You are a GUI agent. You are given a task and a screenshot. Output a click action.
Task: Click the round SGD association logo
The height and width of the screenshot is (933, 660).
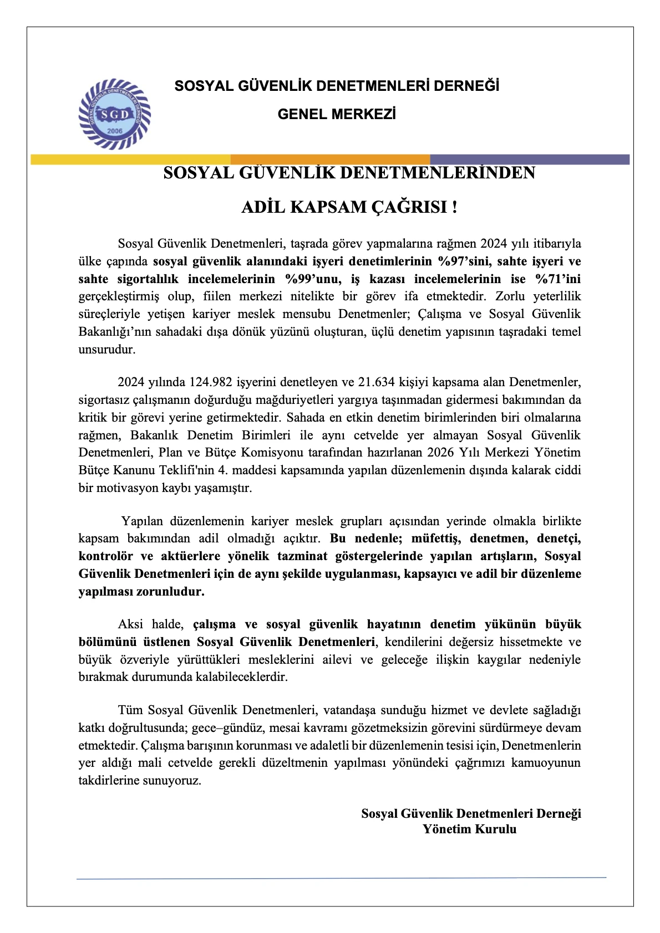[115, 114]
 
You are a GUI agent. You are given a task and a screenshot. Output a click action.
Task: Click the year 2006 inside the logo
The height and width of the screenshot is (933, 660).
[115, 131]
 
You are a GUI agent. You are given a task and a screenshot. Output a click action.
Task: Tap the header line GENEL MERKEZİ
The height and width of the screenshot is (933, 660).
[336, 114]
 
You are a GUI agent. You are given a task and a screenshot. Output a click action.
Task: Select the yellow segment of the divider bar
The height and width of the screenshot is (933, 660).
[130, 160]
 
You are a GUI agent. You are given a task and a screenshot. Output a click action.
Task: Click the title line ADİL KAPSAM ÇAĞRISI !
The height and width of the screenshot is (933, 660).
[349, 207]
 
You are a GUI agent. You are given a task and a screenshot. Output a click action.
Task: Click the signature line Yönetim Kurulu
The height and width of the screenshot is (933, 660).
[469, 829]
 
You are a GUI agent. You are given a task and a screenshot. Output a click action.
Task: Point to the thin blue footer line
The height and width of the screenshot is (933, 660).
[341, 878]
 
